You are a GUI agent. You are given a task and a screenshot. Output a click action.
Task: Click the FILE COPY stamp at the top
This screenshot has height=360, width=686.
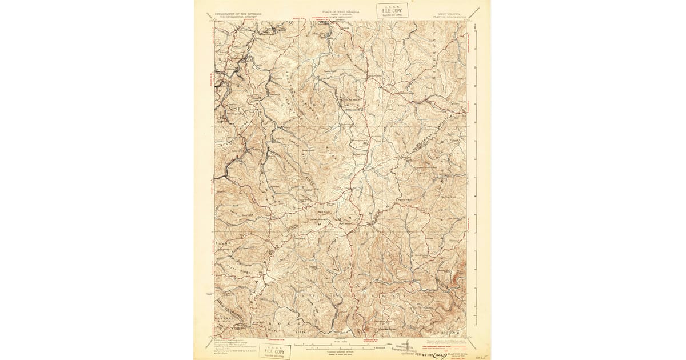392,10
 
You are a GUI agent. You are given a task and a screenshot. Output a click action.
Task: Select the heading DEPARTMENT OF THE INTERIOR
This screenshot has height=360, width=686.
236,12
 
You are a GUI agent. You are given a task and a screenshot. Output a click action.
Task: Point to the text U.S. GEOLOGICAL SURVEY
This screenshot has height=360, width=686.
236,15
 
